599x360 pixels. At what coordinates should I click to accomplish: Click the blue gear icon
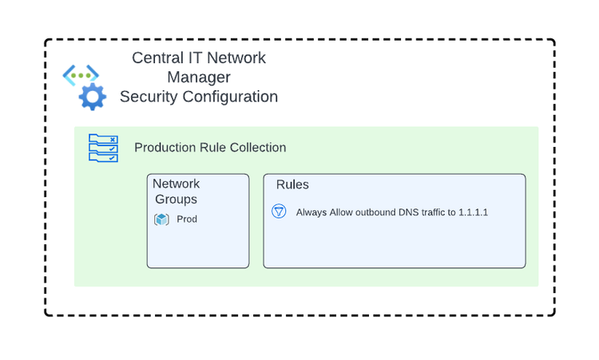pyautogui.click(x=92, y=97)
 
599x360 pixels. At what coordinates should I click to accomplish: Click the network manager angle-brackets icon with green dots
pyautogui.click(x=81, y=75)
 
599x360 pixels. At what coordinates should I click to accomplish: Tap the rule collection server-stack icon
pyautogui.click(x=103, y=148)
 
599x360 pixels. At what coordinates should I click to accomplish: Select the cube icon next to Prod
pyautogui.click(x=161, y=220)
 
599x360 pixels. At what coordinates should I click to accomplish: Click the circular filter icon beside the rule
pyautogui.click(x=279, y=212)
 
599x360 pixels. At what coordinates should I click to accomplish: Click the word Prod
pyautogui.click(x=187, y=220)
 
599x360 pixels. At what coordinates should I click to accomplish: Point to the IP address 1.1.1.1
pyautogui.click(x=473, y=212)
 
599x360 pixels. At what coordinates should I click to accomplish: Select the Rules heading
pyautogui.click(x=292, y=185)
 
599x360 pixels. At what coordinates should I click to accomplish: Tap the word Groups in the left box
pyautogui.click(x=176, y=200)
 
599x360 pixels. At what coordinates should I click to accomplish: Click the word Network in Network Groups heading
pyautogui.click(x=176, y=184)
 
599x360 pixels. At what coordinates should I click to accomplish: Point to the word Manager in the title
pyautogui.click(x=199, y=77)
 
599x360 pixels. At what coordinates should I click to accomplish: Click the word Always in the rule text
pyautogui.click(x=311, y=212)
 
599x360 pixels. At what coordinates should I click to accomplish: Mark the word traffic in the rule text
pyautogui.click(x=438, y=212)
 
